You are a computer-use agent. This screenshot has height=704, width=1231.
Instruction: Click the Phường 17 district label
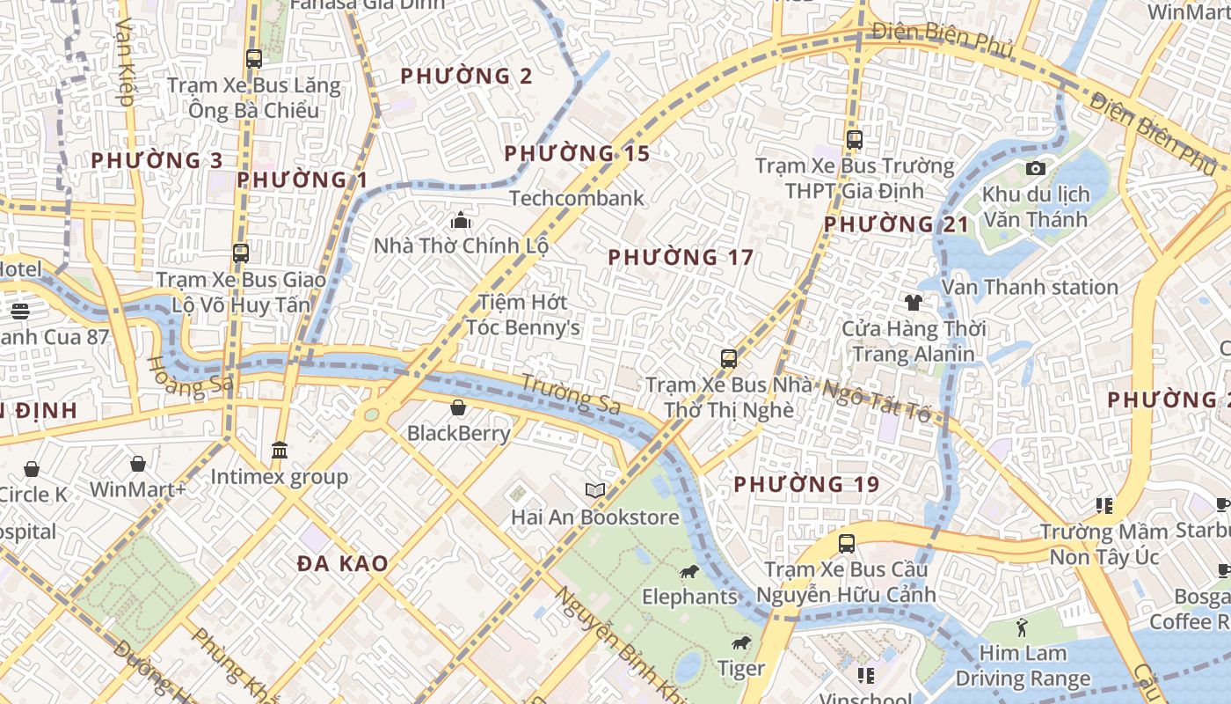coord(681,258)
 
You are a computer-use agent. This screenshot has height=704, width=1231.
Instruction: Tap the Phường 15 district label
coord(577,154)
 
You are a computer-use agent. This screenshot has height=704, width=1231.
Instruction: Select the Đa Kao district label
coord(343,564)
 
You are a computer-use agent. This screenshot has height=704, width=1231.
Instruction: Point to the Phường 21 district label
coord(896,224)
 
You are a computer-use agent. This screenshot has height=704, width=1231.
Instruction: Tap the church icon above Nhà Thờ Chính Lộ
coord(461,220)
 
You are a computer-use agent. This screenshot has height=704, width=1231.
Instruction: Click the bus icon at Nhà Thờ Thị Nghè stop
coord(728,358)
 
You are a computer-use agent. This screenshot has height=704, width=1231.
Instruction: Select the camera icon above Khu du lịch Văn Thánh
coord(1036,168)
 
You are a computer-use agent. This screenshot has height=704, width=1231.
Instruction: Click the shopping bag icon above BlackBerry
coord(458,407)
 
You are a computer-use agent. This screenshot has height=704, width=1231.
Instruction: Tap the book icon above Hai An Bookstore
coord(595,491)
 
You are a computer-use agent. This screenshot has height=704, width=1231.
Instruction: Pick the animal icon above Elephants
coord(689,572)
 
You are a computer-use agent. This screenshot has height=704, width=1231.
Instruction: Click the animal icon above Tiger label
coord(741,643)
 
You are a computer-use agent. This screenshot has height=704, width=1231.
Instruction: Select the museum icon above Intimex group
coord(280,451)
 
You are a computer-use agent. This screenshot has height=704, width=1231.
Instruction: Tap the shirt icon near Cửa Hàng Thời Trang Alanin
coord(914,303)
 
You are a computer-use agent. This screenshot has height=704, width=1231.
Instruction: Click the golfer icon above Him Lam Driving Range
coord(1022,627)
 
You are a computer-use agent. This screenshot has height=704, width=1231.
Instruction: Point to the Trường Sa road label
coord(571,393)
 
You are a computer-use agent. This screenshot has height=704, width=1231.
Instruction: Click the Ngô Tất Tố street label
coord(875,400)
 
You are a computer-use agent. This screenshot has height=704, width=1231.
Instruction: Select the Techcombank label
coord(577,198)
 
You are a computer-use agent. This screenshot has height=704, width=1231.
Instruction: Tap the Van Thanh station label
coord(1030,288)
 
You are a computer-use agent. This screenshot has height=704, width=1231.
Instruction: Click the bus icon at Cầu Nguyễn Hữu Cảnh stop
coord(846,544)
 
